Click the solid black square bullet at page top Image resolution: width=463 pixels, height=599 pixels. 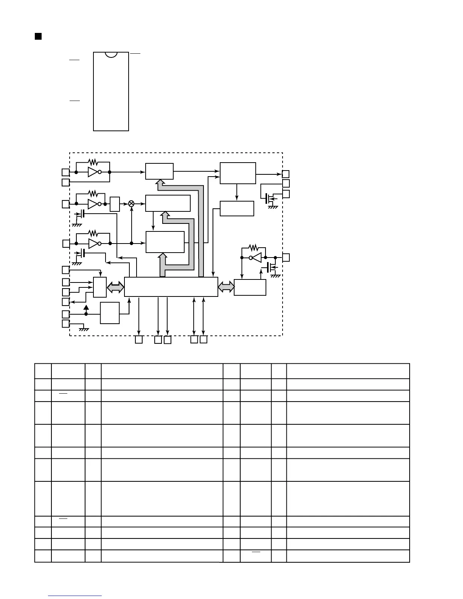[x=38, y=36]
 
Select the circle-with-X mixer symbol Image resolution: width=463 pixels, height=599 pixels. [x=132, y=203]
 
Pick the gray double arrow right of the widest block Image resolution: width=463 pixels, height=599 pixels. [x=226, y=287]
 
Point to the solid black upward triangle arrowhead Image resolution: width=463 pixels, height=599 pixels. [x=86, y=307]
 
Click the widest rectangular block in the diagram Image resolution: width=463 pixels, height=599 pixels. [x=171, y=287]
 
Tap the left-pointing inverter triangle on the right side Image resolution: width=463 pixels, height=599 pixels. [x=256, y=258]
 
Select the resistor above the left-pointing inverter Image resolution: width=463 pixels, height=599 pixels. [x=253, y=248]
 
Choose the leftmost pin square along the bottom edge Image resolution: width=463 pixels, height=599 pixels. [x=139, y=340]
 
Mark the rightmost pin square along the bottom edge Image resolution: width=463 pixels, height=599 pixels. [x=204, y=339]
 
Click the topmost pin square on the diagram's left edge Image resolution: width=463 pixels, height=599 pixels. [x=65, y=172]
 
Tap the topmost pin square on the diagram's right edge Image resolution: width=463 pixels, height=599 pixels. [x=286, y=174]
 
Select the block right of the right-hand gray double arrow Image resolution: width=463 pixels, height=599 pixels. [x=250, y=287]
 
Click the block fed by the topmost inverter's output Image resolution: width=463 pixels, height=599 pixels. [x=159, y=171]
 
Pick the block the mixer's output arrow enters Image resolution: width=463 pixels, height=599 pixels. [x=168, y=203]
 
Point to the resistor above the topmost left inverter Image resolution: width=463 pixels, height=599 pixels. [x=93, y=162]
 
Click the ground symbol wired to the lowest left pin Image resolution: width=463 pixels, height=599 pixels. [x=84, y=329]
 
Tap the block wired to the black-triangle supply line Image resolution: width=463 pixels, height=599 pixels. [x=110, y=313]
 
